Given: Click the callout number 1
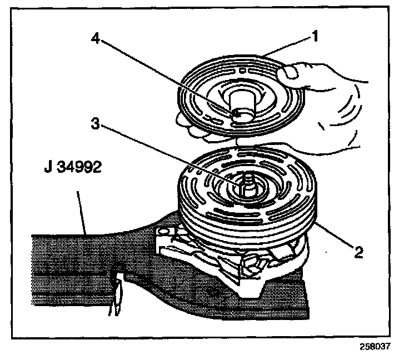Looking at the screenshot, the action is click(315, 36).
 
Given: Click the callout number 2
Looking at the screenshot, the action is click(358, 252).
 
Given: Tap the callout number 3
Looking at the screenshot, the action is click(95, 123).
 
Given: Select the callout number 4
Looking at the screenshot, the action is click(96, 39).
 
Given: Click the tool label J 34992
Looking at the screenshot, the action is click(73, 167).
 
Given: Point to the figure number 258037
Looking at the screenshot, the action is click(375, 347).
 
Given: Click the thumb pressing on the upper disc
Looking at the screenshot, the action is click(288, 72).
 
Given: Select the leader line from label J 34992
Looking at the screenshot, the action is click(81, 212).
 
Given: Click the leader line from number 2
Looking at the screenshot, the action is click(334, 234).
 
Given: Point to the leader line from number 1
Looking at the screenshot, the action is click(287, 47).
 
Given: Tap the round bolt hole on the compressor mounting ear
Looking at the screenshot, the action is click(163, 232).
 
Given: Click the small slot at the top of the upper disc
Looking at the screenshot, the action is click(242, 71).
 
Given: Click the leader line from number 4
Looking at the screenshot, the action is click(166, 77).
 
